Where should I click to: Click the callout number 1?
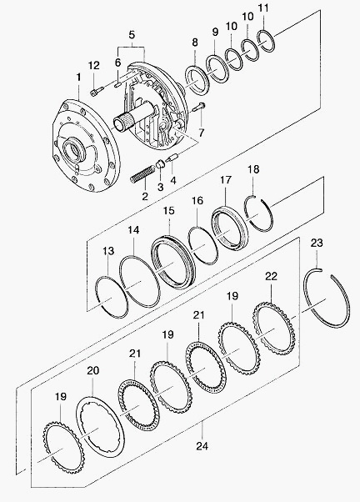78,78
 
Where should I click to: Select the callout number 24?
202,445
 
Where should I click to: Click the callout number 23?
317,243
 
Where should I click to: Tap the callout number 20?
92,371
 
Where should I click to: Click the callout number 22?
272,276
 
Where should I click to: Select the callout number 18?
253,169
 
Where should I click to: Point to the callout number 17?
225,180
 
